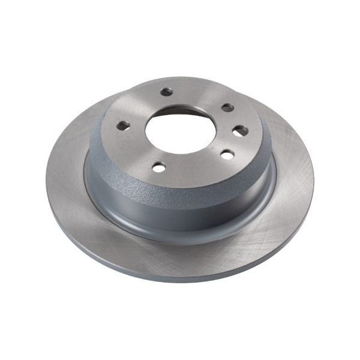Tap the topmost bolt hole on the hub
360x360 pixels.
tap(166, 92)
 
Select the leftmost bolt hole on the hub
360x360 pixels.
tap(122, 125)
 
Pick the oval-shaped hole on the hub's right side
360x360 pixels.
tap(239, 130)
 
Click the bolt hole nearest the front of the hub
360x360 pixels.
tap(158, 167)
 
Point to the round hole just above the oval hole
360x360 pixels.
tap(227, 107)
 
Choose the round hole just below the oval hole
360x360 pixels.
tap(227, 154)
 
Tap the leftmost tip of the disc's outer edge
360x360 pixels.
tap(46, 180)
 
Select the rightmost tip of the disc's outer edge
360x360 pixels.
tap(314, 180)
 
